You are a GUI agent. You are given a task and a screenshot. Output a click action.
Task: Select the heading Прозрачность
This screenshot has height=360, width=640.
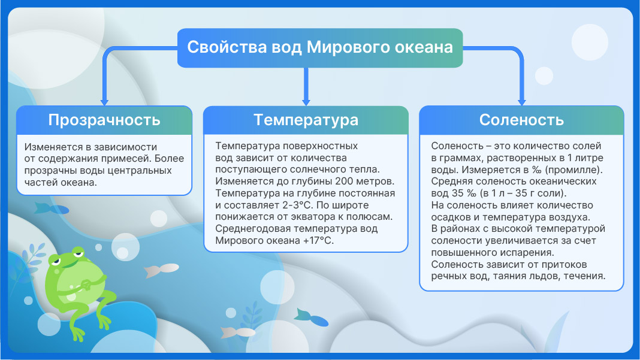tap(104, 120)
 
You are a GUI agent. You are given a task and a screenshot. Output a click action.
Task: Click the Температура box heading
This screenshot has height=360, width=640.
tap(306, 120)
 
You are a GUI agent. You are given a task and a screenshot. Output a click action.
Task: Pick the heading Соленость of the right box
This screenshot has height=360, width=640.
tap(521, 120)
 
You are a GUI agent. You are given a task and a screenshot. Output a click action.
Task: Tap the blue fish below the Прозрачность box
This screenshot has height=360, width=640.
tap(52, 209)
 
